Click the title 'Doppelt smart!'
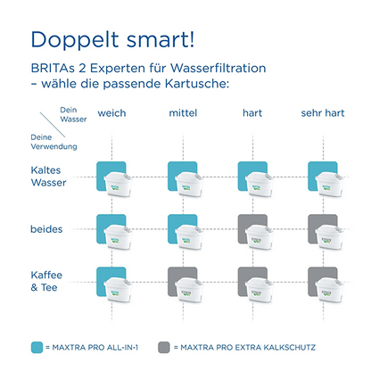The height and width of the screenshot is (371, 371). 111,41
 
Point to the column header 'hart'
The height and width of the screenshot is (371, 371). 251,113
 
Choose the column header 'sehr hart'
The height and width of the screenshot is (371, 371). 322,113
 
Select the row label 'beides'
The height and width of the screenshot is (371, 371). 47,229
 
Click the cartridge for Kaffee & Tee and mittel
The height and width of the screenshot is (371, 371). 183,286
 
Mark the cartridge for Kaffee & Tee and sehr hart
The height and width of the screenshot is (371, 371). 323,286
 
